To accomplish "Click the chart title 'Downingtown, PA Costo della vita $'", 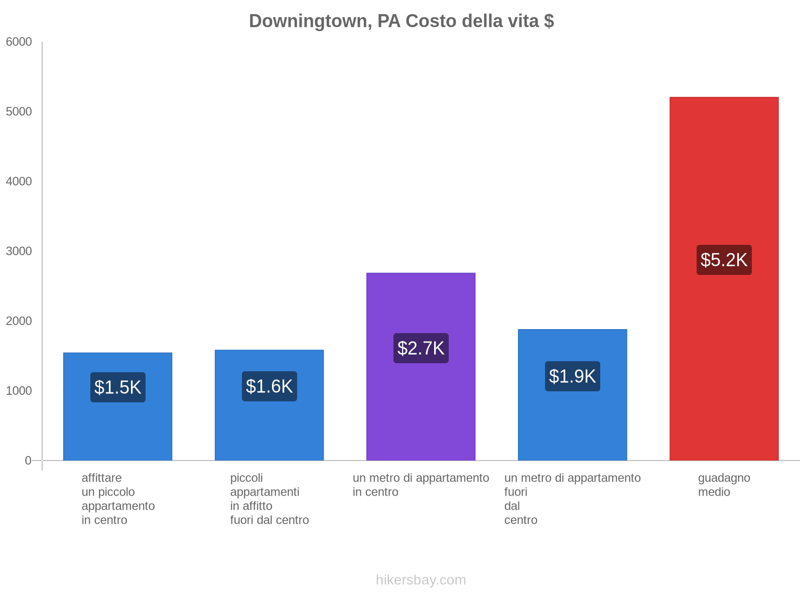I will click(401, 21).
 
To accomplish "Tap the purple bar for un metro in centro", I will click(421, 401).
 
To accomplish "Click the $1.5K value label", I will click(118, 387).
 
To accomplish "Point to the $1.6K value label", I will click(270, 386).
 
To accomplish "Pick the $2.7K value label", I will click(421, 348).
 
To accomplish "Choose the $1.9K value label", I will click(572, 376).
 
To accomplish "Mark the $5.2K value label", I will click(724, 260).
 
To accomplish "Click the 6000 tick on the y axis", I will click(19, 42).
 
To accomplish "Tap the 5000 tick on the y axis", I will click(19, 112).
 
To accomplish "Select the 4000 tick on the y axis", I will click(19, 182).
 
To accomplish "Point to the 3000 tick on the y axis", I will click(19, 251).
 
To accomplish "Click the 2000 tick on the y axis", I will click(19, 321).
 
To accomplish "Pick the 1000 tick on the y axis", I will click(19, 391).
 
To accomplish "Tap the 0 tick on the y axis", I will click(28, 461).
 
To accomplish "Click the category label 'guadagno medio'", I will click(724, 485).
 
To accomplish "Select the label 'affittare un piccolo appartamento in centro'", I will click(118, 499).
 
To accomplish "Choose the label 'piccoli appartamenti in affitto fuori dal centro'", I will click(270, 499).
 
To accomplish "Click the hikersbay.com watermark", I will click(421, 580).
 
